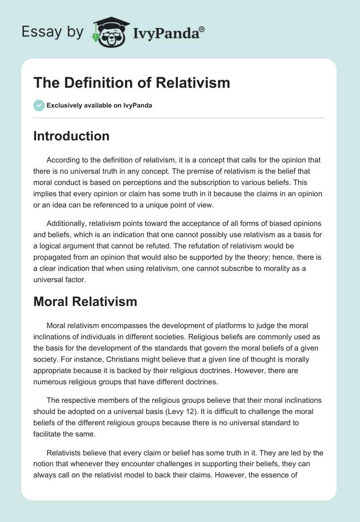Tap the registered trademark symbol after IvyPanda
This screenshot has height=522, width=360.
202,29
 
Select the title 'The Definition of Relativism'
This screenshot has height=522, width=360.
131,83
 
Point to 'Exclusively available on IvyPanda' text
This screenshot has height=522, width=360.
99,105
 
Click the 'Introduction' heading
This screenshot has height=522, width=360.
71,136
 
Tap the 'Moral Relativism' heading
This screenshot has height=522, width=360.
85,302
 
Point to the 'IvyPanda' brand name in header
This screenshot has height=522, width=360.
166,33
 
